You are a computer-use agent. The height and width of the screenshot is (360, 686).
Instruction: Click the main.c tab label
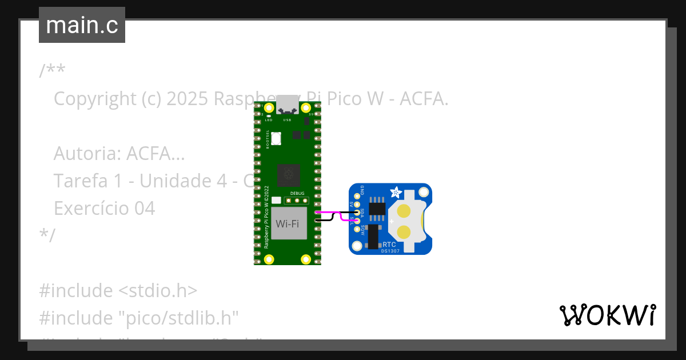82,25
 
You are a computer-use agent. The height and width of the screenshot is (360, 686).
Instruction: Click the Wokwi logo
607,315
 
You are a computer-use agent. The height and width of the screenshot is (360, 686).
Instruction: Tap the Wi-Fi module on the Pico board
288,223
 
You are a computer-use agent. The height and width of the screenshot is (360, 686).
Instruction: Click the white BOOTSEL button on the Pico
277,139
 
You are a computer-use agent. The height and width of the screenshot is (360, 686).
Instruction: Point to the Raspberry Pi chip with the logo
289,175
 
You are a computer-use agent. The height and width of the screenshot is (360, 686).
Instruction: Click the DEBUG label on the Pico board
298,193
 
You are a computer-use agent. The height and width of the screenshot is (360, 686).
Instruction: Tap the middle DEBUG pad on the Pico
298,201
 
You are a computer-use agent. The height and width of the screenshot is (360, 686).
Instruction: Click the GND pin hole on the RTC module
357,195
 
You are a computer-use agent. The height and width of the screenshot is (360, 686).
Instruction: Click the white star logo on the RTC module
395,192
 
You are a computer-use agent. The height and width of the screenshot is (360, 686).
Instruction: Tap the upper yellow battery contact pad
404,211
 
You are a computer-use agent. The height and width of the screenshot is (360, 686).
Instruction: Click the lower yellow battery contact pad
404,232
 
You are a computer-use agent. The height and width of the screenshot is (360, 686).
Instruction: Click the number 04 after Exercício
144,208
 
